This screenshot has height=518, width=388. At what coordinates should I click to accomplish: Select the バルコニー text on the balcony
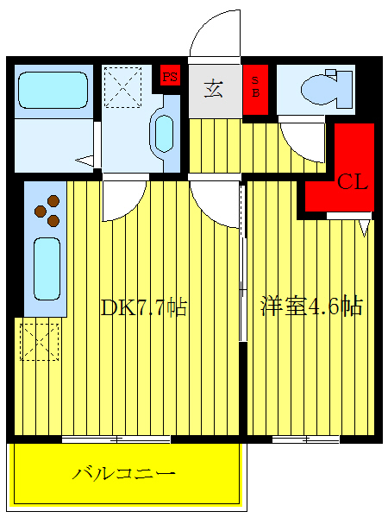point(124,473)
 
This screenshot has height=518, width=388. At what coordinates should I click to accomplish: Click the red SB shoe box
point(255,90)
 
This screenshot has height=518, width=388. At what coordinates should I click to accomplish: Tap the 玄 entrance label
point(215,89)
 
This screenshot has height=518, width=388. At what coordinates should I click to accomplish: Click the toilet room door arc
point(302,138)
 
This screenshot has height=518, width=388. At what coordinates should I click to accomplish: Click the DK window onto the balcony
point(103,439)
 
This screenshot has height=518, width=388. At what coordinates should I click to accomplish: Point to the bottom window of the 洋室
point(305,439)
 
